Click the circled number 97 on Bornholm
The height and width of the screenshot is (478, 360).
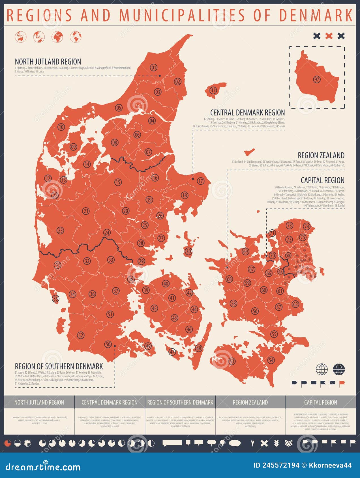click(317, 79)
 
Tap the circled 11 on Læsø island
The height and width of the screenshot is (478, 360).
click(213, 91)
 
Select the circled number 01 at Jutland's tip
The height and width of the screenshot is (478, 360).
click(154, 68)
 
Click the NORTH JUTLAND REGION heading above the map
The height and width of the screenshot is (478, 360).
click(48, 62)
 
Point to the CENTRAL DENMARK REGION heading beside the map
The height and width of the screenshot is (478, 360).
click(247, 113)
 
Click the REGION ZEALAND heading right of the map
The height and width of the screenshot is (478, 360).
click(321, 156)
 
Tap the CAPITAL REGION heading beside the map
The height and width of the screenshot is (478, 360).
click(322, 180)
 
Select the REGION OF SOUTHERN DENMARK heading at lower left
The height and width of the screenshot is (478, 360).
click(59, 366)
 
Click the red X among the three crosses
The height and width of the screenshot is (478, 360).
click(329, 36)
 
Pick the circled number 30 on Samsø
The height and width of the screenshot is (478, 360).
click(188, 251)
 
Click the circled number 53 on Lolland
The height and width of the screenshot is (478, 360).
click(232, 361)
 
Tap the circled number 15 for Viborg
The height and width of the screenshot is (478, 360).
click(118, 182)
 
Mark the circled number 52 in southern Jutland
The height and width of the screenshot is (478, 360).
click(81, 335)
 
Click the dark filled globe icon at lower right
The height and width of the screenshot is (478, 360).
click(339, 369)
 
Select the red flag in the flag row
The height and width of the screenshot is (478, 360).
click(342, 383)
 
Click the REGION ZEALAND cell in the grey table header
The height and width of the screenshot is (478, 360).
click(250, 402)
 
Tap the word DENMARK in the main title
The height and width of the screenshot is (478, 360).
click(316, 15)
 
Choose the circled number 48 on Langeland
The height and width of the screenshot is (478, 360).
click(198, 348)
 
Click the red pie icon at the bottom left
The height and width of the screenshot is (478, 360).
click(8, 443)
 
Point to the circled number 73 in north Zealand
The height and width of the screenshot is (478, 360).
click(289, 225)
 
